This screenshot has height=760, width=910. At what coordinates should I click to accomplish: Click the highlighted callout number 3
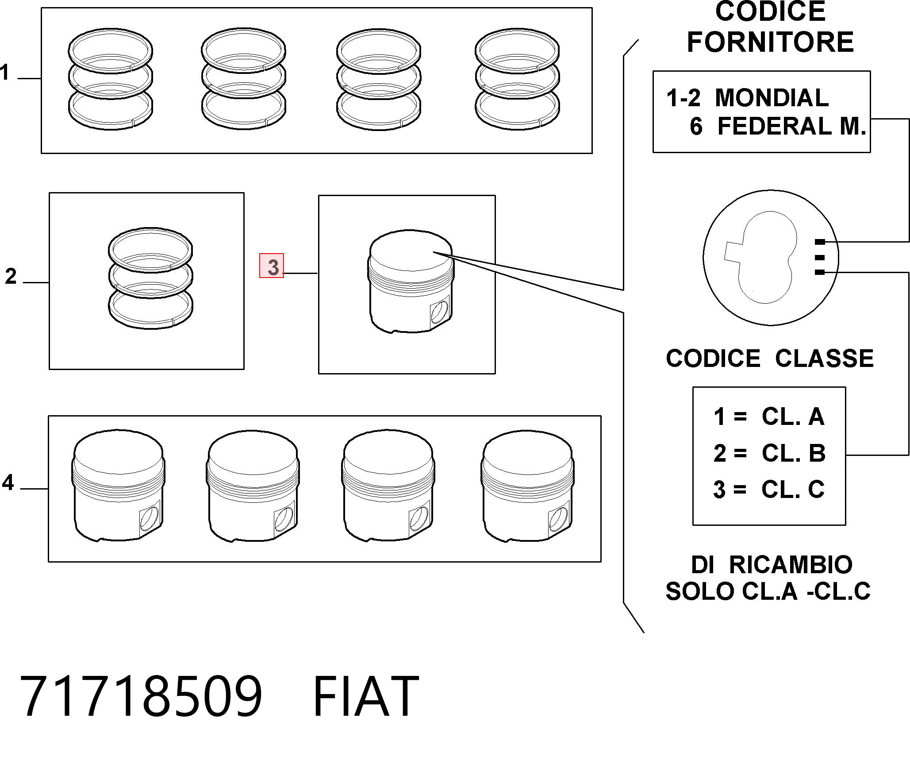pos(271,266)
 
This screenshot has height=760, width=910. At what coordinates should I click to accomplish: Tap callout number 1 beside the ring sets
pos(4,72)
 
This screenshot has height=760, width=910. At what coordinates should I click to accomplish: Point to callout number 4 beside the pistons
pos(8,482)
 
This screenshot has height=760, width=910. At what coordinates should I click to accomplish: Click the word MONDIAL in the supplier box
pos(772,98)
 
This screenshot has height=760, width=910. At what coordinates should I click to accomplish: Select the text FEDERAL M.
pos(791,126)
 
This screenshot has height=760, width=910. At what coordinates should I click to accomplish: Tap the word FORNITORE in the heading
pos(770,42)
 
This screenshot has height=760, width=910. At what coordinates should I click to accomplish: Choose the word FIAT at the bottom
pos(366,696)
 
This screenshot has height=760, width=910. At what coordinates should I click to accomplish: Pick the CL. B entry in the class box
pos(793,453)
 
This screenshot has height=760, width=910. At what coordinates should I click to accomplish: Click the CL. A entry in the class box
pos(793,417)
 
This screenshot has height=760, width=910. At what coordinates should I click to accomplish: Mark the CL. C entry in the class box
pos(793,490)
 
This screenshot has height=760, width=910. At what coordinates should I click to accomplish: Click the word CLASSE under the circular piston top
pos(824,358)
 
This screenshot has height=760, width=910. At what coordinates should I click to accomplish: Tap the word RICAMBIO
pos(791,564)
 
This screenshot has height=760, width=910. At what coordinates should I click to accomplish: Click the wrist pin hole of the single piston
pos(439,312)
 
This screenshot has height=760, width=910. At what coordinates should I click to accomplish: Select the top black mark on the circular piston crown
pos(820,242)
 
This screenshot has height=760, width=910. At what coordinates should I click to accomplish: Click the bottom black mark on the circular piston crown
pos(820,273)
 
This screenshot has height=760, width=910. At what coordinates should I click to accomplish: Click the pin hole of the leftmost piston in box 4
pos(149,518)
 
